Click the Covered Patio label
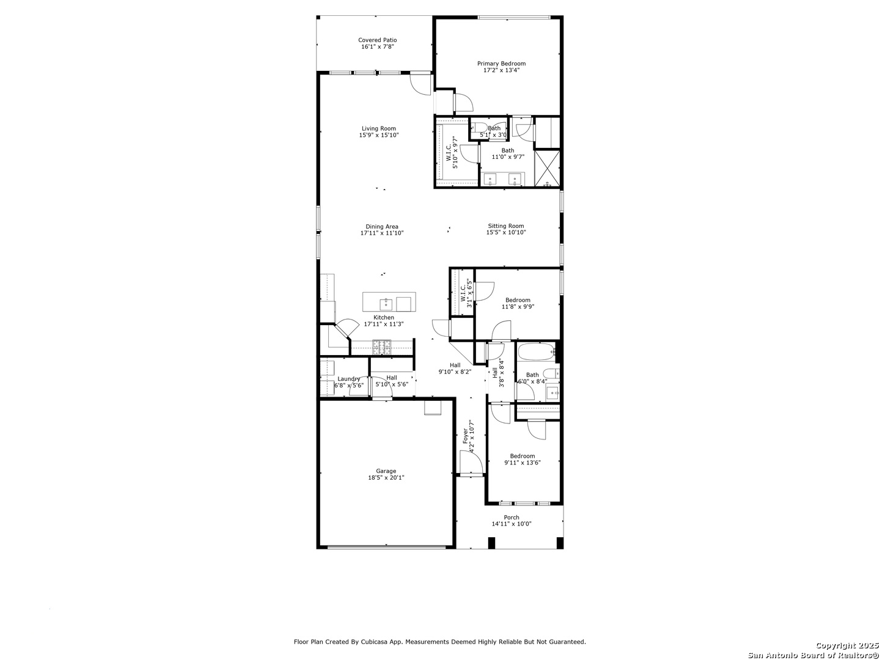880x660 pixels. (x=377, y=40)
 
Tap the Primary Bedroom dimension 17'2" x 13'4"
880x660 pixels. (x=501, y=70)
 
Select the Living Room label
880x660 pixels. (x=379, y=128)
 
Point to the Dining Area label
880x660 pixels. (x=382, y=227)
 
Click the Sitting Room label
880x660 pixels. (x=505, y=226)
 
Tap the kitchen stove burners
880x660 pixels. (x=382, y=347)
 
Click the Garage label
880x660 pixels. (x=386, y=471)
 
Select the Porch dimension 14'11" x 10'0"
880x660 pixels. (x=512, y=523)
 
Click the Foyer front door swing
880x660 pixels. (x=471, y=463)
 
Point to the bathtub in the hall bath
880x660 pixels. (x=536, y=352)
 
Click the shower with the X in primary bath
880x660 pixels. (x=547, y=168)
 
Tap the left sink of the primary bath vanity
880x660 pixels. (x=490, y=179)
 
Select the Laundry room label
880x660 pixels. (x=348, y=379)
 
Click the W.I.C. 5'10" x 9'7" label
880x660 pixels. (x=452, y=153)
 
